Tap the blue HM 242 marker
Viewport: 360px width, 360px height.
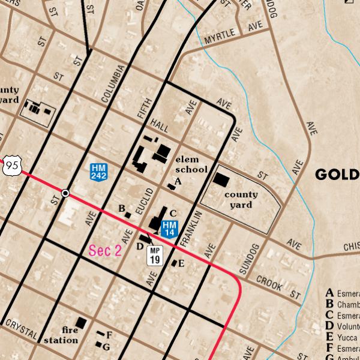[99, 172]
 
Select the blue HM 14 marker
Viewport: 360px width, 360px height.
[169, 228]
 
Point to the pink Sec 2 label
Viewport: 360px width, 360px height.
[105, 251]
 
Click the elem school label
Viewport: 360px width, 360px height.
[191, 164]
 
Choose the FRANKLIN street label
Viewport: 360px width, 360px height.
[188, 229]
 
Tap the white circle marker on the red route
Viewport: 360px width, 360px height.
[65, 193]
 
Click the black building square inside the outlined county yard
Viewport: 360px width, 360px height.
[221, 179]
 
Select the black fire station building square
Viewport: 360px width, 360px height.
[81, 323]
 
